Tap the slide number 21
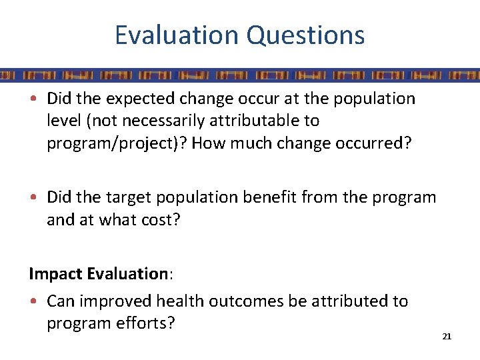click(x=447, y=337)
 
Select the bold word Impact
click(x=55, y=274)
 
